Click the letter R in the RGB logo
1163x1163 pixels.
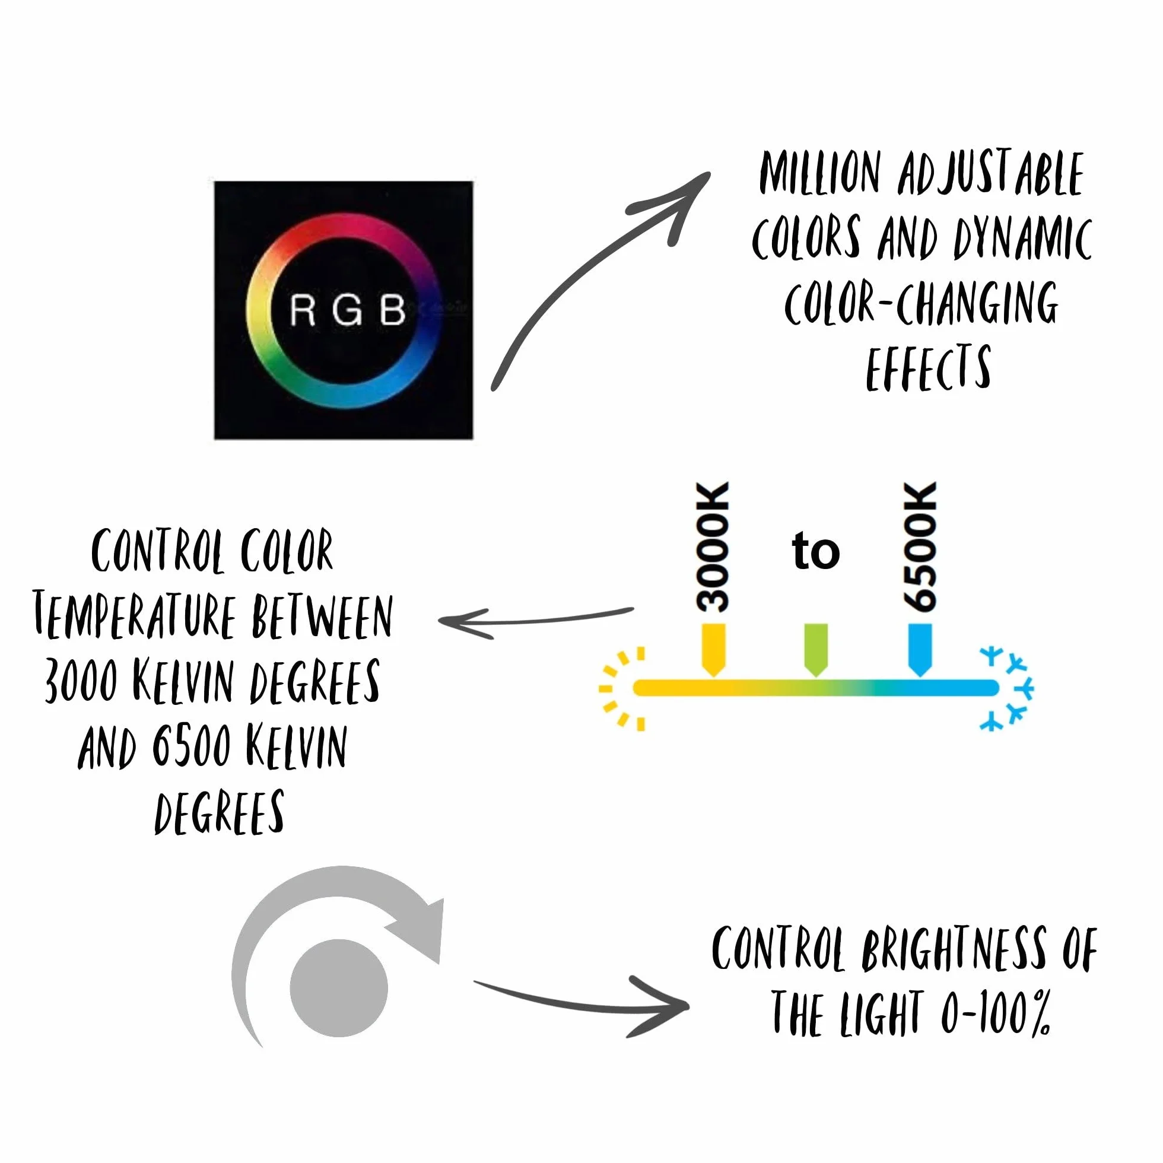point(302,310)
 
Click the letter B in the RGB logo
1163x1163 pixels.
point(393,310)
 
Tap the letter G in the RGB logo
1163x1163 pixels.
point(347,310)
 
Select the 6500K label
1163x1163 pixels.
point(920,547)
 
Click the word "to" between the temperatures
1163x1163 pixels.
point(816,550)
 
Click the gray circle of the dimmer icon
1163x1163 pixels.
point(339,988)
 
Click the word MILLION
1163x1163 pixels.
point(821,173)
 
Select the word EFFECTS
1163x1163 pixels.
point(928,368)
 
